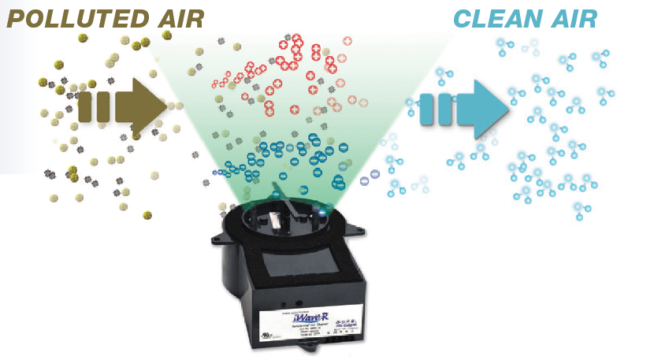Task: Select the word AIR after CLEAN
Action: click(x=573, y=18)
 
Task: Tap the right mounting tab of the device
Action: click(x=355, y=232)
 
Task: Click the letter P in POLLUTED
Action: click(x=17, y=18)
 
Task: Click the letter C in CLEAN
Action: click(x=464, y=18)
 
